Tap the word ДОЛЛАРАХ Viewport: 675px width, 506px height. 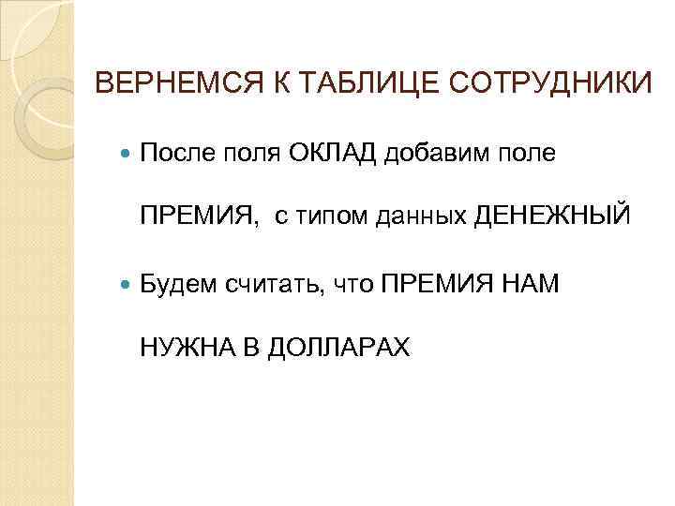[x=339, y=347]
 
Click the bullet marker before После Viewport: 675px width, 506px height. [x=127, y=154]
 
